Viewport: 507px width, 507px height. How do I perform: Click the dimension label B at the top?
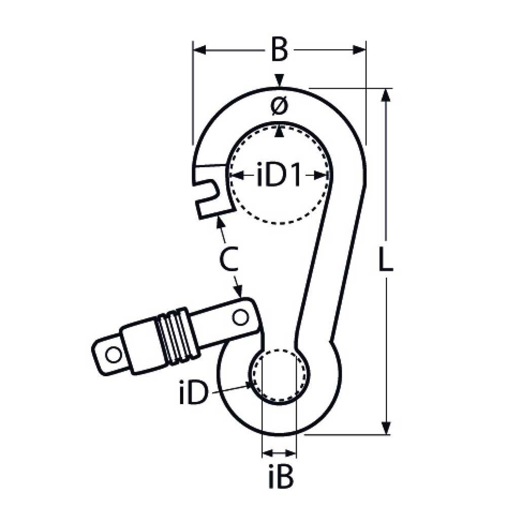[279, 50]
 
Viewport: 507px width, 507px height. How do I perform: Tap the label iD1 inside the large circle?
[279, 175]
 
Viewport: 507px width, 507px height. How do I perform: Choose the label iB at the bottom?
[278, 477]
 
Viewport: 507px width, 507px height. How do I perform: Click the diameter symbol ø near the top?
[279, 106]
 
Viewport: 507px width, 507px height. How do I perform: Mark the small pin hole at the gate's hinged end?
[240, 317]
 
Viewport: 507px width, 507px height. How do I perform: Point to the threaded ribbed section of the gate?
[175, 336]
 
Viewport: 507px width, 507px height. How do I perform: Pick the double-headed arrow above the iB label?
[279, 452]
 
